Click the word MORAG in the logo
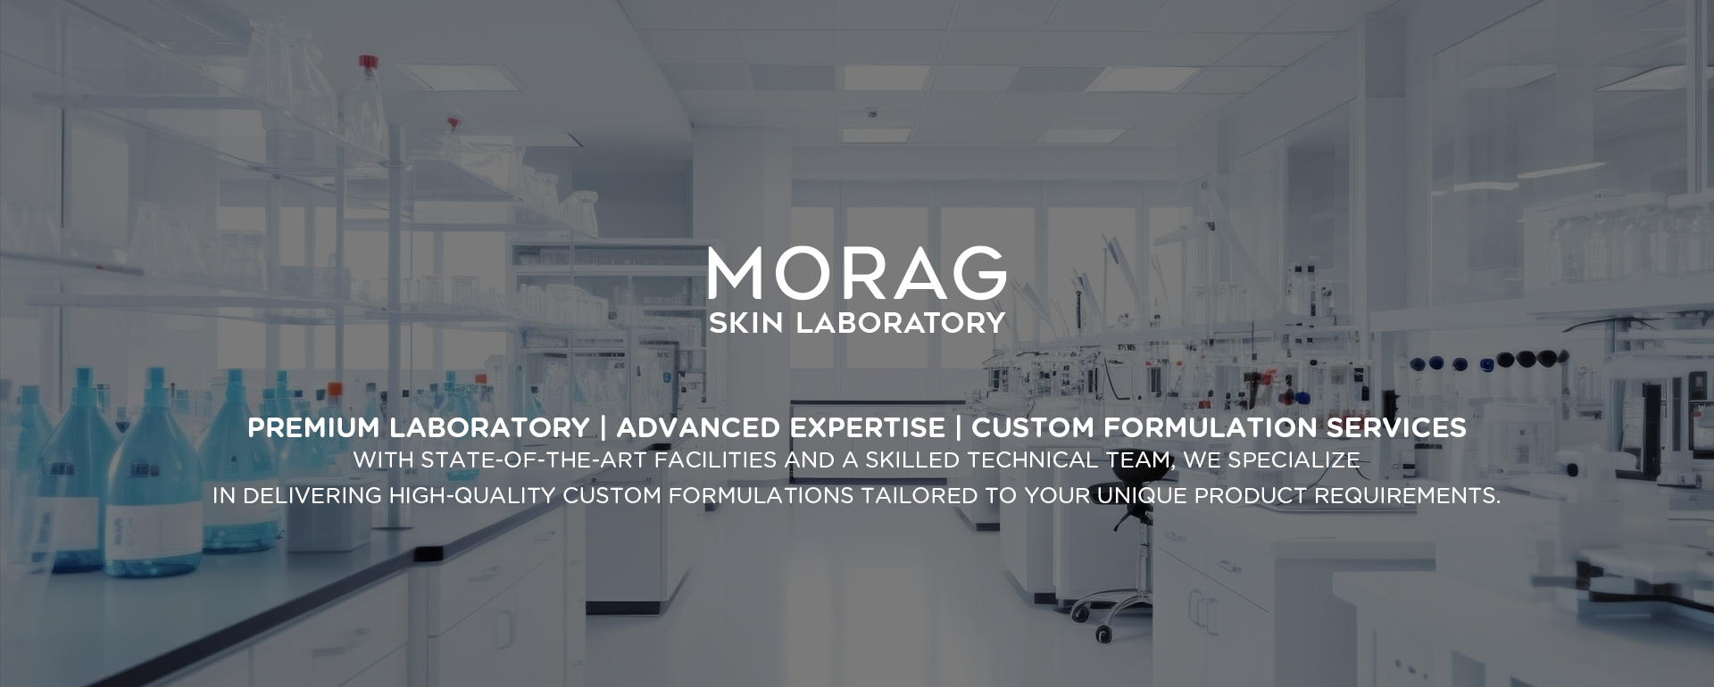857,273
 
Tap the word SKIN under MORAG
745,323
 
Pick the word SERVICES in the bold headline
1396,428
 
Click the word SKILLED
912,460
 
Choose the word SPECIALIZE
1294,460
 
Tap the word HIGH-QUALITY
472,496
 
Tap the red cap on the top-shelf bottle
369,62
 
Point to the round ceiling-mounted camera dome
872,113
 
